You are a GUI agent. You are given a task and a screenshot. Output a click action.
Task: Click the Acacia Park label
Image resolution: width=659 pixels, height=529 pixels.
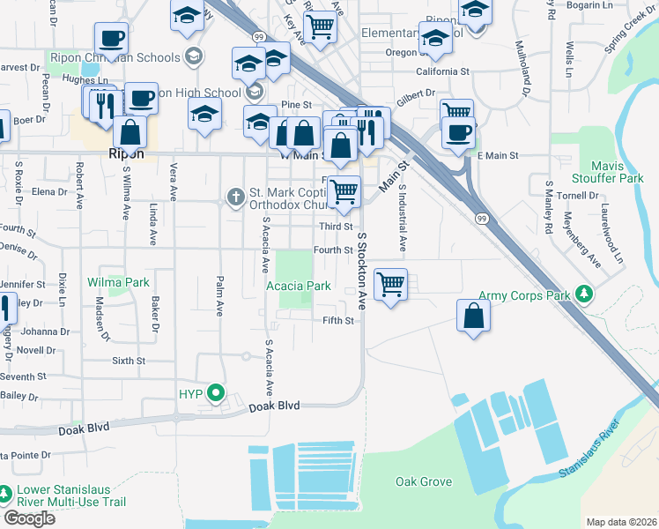coord(299,286)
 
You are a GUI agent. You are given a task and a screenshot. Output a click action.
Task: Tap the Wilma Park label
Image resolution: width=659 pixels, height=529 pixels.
coord(118,283)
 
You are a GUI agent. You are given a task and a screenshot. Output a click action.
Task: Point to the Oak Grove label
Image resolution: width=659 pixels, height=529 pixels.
coord(424,482)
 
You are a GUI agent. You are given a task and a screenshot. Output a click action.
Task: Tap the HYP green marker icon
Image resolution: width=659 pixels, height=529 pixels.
coord(213,393)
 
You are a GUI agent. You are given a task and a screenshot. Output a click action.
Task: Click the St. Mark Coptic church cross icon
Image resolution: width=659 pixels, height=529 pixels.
coord(235,197)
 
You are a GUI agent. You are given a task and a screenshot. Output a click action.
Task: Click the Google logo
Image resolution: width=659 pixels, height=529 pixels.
coord(29,518)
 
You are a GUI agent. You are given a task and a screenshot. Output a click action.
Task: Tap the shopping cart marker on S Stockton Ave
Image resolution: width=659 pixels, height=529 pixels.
coord(390,284)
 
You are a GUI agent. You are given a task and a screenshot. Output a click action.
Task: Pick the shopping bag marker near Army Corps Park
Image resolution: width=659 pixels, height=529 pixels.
coord(473,315)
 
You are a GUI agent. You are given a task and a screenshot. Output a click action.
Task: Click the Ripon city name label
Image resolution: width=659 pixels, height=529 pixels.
coord(124,153)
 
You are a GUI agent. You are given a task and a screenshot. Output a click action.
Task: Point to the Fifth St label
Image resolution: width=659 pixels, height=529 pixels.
coord(337,320)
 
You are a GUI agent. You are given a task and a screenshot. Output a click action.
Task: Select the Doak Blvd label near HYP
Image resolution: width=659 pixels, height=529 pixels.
coord(274,406)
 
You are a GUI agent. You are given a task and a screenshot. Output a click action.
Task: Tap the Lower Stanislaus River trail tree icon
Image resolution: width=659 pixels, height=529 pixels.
coord(6,492)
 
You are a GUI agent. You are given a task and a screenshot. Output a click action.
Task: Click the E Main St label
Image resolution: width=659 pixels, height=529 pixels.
coord(497,156)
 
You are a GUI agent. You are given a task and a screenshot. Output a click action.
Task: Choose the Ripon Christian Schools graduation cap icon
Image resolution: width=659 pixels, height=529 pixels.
coord(194,57)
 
